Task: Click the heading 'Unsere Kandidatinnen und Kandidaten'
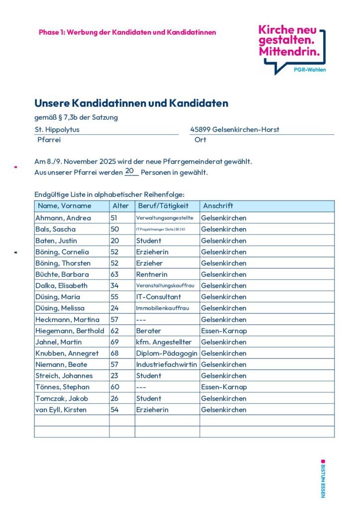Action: coord(131,103)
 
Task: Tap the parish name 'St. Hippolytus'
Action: coord(57,129)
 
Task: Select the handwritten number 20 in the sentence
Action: coord(130,171)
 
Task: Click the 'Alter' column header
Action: coord(121,206)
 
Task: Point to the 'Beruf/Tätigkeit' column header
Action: coord(163,206)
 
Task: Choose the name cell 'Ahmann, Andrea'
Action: coord(63,218)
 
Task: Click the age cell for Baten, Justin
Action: coord(115,241)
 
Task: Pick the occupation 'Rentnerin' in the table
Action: coord(152,274)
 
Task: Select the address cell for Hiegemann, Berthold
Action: coord(224,331)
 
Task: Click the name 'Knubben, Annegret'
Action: coord(67,353)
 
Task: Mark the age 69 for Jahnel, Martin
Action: coord(115,342)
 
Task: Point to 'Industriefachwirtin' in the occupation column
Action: coord(167,365)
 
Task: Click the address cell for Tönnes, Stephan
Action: coord(224,387)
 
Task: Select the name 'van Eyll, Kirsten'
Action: coord(61,410)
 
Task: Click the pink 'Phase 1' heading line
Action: coord(127,32)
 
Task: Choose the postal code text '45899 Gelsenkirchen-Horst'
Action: coord(235,129)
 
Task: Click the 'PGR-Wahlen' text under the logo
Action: coord(310,70)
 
